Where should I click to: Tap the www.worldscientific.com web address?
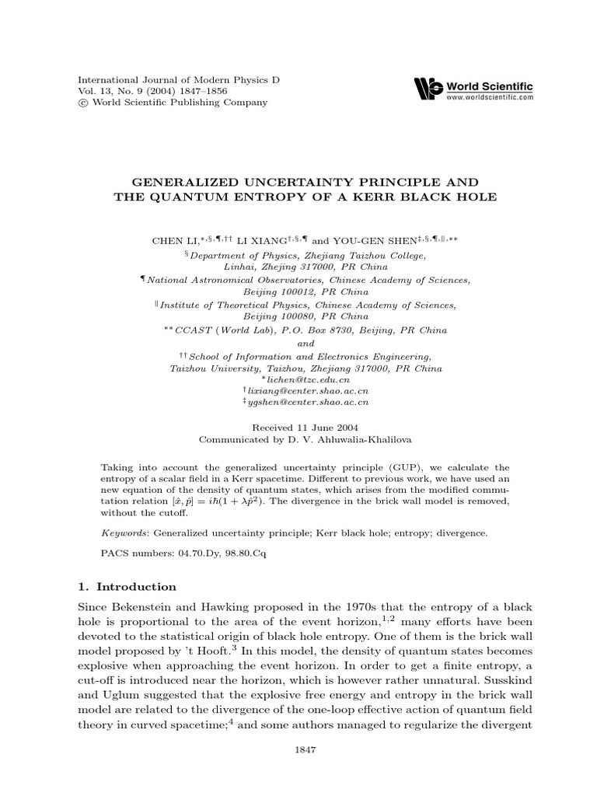point(488,97)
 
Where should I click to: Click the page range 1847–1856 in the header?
point(178,91)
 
